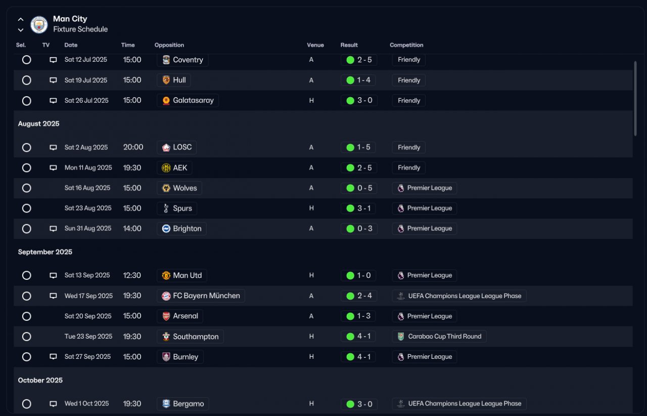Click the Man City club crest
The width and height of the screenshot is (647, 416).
click(39, 25)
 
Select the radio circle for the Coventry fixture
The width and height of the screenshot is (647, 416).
click(27, 60)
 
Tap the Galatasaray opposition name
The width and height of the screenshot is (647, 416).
click(193, 100)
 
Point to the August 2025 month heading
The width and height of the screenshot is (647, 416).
click(39, 124)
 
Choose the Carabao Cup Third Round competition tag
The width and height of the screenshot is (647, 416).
click(439, 337)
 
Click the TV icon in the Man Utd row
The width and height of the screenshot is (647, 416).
click(53, 275)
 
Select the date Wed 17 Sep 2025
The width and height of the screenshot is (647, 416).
click(88, 296)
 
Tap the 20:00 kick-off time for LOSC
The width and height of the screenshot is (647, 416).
click(133, 147)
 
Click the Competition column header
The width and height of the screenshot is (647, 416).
click(406, 45)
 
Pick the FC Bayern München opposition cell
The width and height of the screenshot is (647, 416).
click(201, 296)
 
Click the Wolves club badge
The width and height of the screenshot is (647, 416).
click(166, 188)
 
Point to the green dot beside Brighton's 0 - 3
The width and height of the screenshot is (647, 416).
click(350, 229)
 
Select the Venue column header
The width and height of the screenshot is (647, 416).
click(315, 45)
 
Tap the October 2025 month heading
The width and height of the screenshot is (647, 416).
click(40, 381)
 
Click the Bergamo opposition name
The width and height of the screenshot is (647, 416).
click(189, 404)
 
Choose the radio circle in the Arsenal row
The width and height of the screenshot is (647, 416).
click(27, 316)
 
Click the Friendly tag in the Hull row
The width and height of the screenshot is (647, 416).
click(409, 80)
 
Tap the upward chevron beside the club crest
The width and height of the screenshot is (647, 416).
click(21, 19)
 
